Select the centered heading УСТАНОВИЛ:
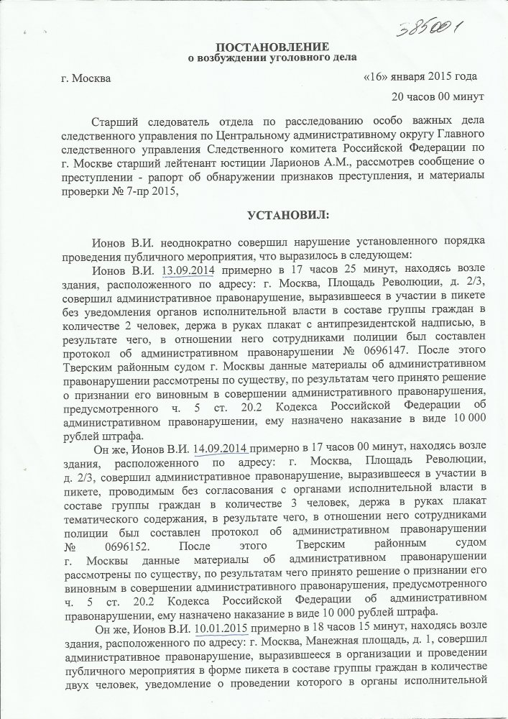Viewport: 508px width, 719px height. tap(277, 215)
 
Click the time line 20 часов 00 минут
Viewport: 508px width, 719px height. tap(427, 95)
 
